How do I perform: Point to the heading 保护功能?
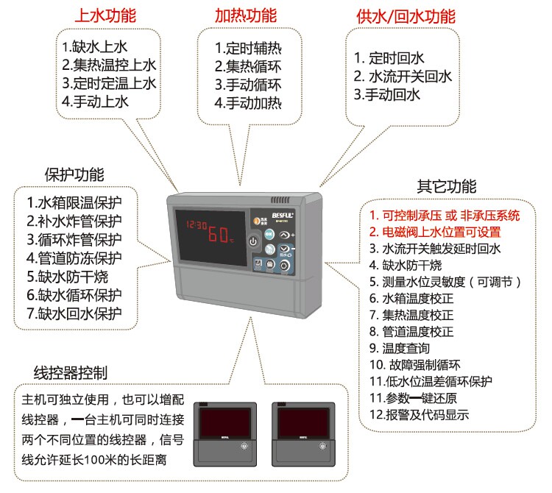(74, 175)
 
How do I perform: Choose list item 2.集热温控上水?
(109, 64)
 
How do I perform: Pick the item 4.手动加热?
(248, 102)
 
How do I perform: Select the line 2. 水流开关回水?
(402, 76)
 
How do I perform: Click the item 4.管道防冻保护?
(74, 258)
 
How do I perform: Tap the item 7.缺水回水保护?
(74, 313)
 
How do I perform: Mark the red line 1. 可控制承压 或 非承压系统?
(445, 216)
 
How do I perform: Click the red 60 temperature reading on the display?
(217, 235)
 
